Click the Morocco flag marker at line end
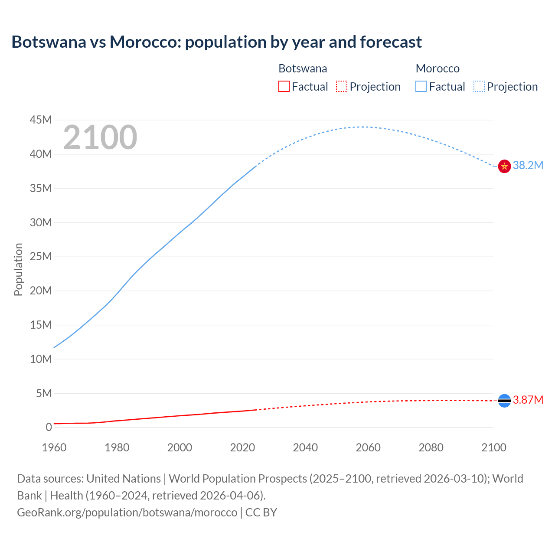click(x=504, y=166)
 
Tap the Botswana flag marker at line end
click(x=504, y=401)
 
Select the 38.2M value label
click(x=528, y=165)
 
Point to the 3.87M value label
click(x=528, y=400)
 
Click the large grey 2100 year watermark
click(x=100, y=137)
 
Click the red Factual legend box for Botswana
click(x=284, y=87)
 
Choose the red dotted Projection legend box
click(x=342, y=87)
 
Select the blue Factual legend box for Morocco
click(x=421, y=87)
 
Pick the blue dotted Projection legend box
click(x=479, y=87)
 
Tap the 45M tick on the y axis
click(x=41, y=120)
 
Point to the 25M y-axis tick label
click(x=41, y=256)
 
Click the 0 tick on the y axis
click(x=49, y=427)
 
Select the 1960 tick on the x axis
click(x=54, y=447)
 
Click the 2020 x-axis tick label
click(x=242, y=447)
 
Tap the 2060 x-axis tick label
click(x=368, y=447)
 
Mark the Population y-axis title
click(x=18, y=269)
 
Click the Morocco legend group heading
click(x=437, y=69)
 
